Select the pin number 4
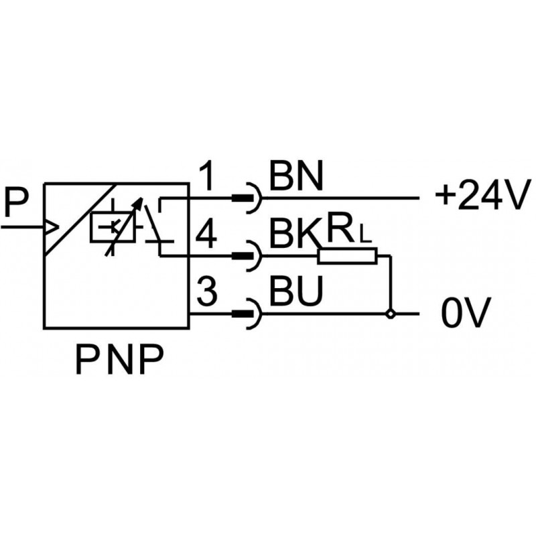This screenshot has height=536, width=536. (x=208, y=236)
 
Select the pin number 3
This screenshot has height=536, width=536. (x=208, y=293)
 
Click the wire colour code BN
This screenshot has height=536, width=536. (x=295, y=178)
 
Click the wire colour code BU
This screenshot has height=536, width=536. (x=293, y=290)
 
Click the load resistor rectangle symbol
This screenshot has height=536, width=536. (x=348, y=255)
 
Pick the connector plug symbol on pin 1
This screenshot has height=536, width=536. (x=249, y=198)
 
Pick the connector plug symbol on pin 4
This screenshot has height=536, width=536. (x=249, y=255)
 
